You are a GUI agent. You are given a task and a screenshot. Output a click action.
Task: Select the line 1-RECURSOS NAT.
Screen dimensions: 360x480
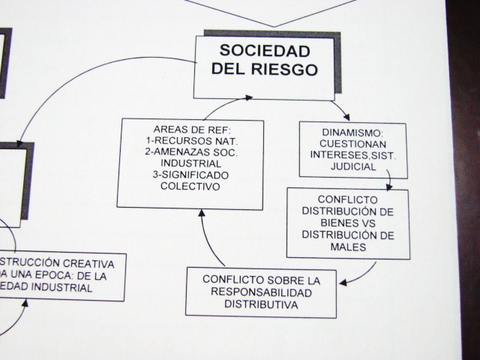(x=190, y=140)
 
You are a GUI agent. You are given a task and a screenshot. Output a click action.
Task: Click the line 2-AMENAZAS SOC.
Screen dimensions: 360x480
(x=190, y=152)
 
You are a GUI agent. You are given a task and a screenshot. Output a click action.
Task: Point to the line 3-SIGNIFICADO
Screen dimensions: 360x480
(x=190, y=175)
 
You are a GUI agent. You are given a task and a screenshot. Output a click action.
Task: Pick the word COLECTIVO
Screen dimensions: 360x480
(x=190, y=187)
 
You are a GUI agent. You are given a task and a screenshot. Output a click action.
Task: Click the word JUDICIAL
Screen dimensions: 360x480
(x=352, y=166)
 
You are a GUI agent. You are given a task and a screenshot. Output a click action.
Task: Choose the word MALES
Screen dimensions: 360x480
(x=347, y=246)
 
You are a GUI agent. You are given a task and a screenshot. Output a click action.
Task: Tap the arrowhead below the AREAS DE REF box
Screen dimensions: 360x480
(x=201, y=213)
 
